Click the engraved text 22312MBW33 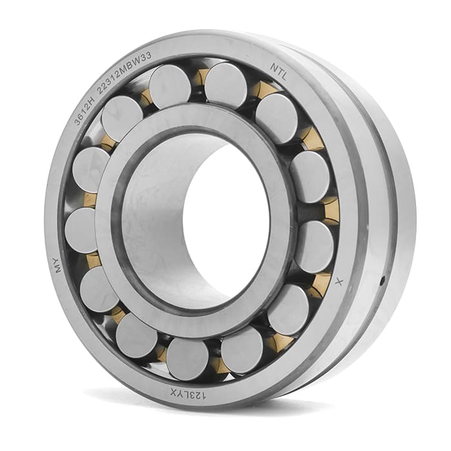tap(124, 73)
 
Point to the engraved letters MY tap(59, 265)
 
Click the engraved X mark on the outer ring tap(340, 282)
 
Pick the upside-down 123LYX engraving tap(188, 394)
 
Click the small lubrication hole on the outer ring tap(382, 281)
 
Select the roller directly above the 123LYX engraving tap(187, 360)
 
